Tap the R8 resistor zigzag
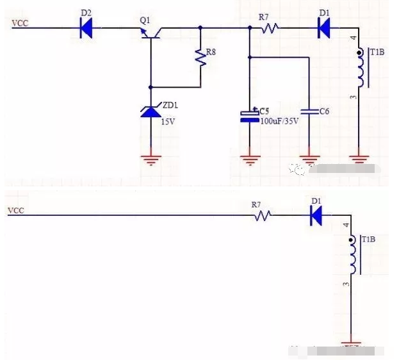click(201, 58)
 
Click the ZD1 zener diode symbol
click(151, 111)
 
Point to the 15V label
click(168, 122)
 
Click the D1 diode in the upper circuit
click(324, 27)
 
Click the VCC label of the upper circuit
click(20, 24)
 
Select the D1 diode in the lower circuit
click(316, 217)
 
